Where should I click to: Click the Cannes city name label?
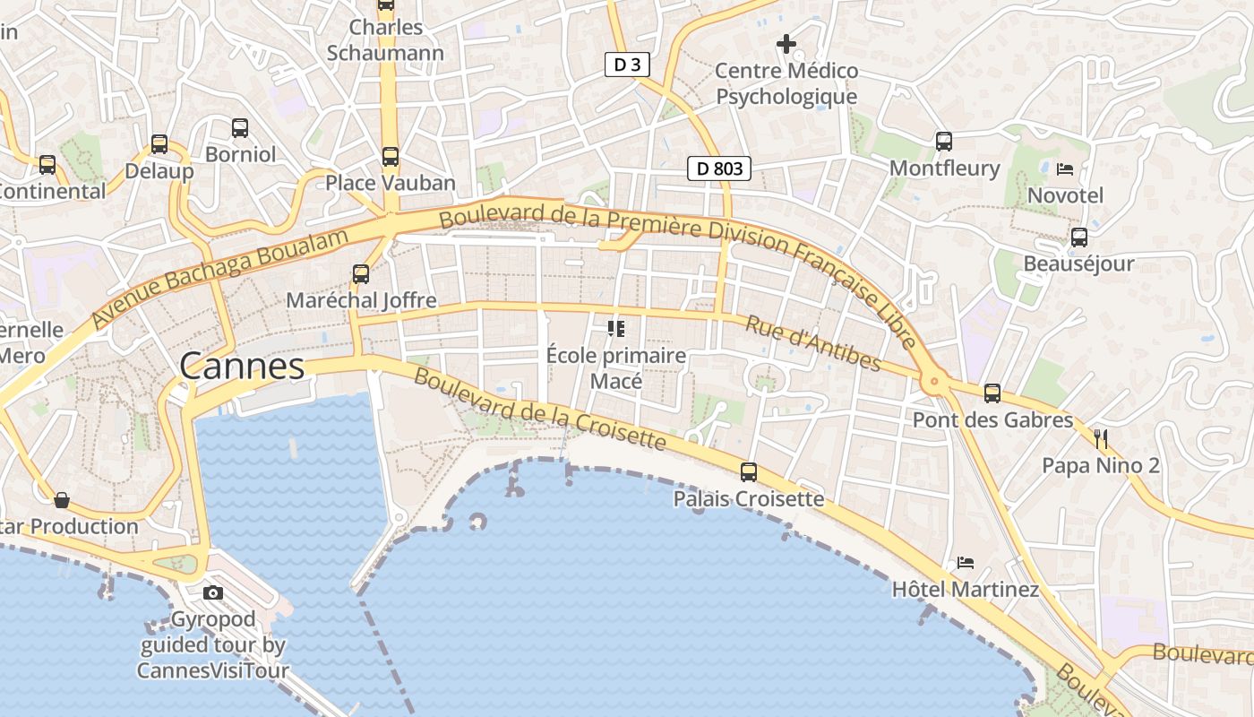point(242,366)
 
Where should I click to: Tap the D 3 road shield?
point(626,65)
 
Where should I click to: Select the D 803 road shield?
point(718,168)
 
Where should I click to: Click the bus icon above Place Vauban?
point(391,157)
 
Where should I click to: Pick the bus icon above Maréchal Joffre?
point(361,274)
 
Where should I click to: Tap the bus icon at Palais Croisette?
point(749,471)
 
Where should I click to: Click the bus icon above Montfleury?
point(944,141)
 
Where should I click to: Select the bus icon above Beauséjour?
point(1079,237)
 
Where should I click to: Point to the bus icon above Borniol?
point(240,127)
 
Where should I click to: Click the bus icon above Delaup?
point(159,143)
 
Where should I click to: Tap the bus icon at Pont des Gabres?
point(992,393)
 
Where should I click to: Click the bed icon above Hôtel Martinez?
point(965,563)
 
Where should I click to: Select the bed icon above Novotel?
point(1065,168)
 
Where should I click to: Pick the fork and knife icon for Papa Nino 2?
point(1101,438)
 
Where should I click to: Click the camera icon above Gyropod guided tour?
point(213,592)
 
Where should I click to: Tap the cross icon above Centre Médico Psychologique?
point(786,43)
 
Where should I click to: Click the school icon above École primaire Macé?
point(616,329)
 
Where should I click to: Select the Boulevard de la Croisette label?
point(540,409)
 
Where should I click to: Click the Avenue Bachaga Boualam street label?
point(219,278)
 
